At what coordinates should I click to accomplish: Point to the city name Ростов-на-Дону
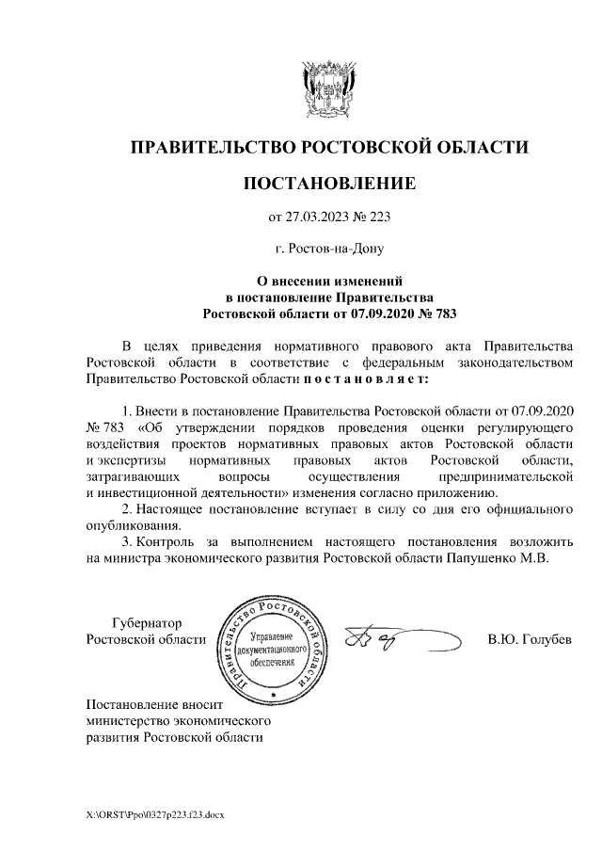coord(336,249)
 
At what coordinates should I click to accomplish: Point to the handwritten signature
coord(390,640)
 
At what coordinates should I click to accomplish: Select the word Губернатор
coord(146,623)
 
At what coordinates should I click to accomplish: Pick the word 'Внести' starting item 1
coord(161,411)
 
